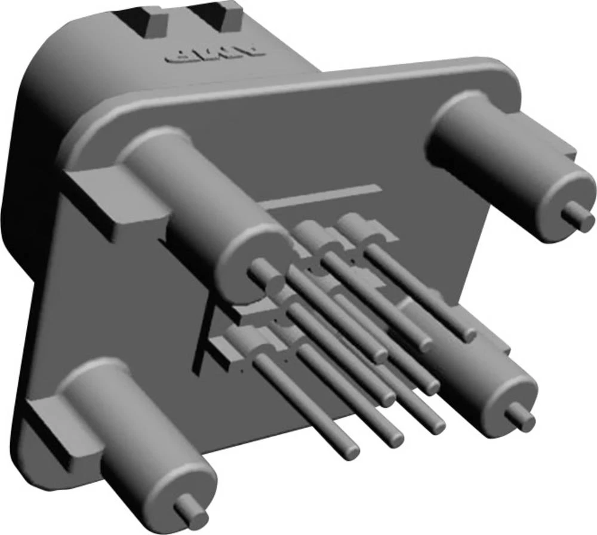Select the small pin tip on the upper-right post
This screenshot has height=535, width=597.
tap(577, 211)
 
